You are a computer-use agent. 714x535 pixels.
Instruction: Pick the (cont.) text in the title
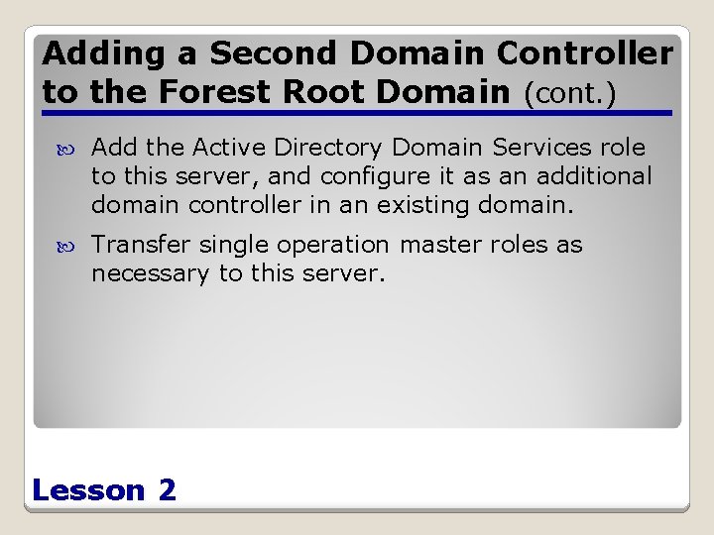coord(570,95)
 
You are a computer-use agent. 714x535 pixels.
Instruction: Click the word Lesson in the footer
coord(88,489)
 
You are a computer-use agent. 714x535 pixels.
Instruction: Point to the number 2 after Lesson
coord(167,489)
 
